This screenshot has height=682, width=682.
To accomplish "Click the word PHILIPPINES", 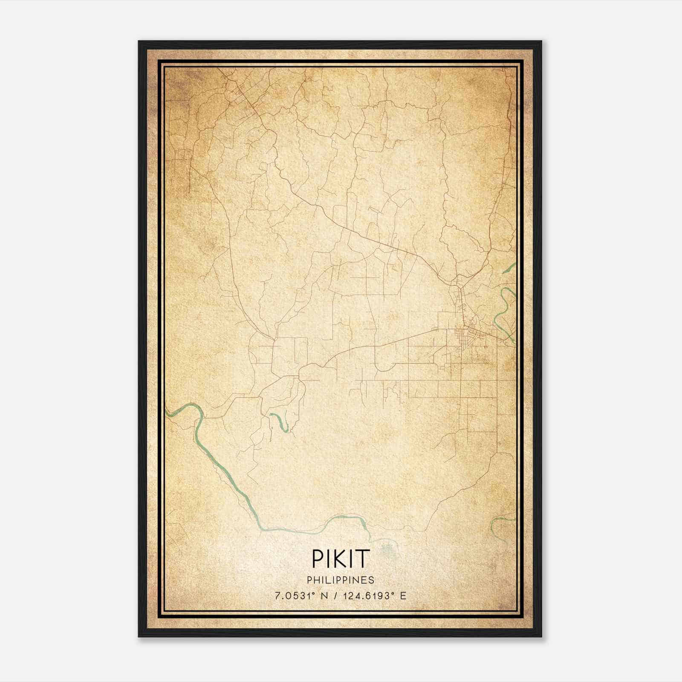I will tap(340, 580).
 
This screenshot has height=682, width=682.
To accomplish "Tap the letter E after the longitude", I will tap(403, 596).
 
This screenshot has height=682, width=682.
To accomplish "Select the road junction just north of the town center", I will tap(457, 283).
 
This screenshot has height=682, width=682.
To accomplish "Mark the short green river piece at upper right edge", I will tap(509, 269).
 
